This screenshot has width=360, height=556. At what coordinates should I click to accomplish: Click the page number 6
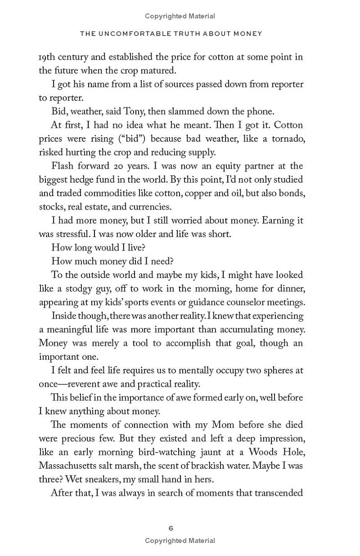171,528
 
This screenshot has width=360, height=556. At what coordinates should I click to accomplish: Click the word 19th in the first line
47,57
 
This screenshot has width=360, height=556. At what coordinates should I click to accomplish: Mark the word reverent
90,384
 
